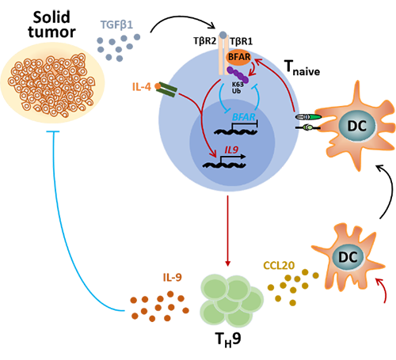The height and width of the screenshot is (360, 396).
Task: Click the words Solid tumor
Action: (51, 25)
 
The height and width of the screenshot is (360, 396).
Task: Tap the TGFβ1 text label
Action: (116, 25)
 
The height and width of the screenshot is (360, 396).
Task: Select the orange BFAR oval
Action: (239, 57)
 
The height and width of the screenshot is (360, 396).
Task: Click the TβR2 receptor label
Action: (204, 41)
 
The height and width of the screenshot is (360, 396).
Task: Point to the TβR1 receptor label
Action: (242, 41)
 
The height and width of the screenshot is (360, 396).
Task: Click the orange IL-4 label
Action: (142, 86)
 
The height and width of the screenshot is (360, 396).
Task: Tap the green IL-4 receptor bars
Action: (167, 89)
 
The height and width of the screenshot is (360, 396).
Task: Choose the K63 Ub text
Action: (238, 88)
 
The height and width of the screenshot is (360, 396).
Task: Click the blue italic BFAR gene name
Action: (244, 117)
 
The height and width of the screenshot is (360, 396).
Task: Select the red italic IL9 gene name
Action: (231, 150)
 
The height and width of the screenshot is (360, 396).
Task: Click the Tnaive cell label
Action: (303, 67)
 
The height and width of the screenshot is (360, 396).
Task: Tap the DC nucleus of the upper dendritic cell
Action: (357, 126)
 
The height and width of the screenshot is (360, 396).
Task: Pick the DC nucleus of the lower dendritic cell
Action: (348, 257)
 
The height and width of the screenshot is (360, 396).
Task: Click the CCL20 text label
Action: (279, 266)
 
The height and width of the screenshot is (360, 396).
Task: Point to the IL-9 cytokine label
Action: (173, 278)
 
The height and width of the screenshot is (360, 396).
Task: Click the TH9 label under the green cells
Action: (228, 339)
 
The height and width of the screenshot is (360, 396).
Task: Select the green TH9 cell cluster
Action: (231, 300)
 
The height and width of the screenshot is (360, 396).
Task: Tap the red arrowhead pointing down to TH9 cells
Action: (228, 263)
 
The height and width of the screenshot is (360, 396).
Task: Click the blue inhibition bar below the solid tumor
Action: (53, 131)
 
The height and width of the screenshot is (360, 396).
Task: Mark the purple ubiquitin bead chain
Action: (238, 75)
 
